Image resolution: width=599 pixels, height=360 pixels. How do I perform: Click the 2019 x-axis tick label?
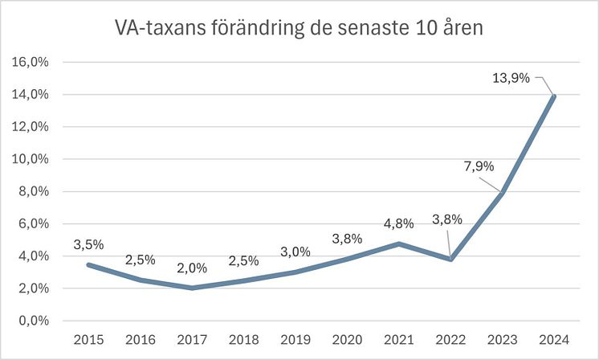coord(296,340)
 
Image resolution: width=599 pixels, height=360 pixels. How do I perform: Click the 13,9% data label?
coord(510,77)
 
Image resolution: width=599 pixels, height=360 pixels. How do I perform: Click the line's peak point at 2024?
coord(555,96)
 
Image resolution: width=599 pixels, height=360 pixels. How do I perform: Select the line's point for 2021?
coord(400,243)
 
